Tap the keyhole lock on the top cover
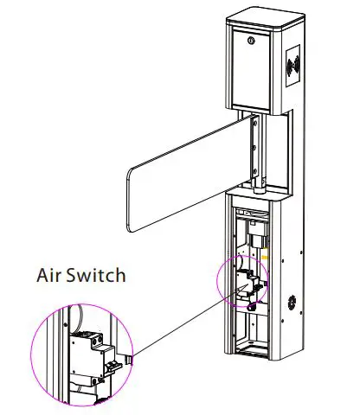(251, 40)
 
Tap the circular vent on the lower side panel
(291, 305)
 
